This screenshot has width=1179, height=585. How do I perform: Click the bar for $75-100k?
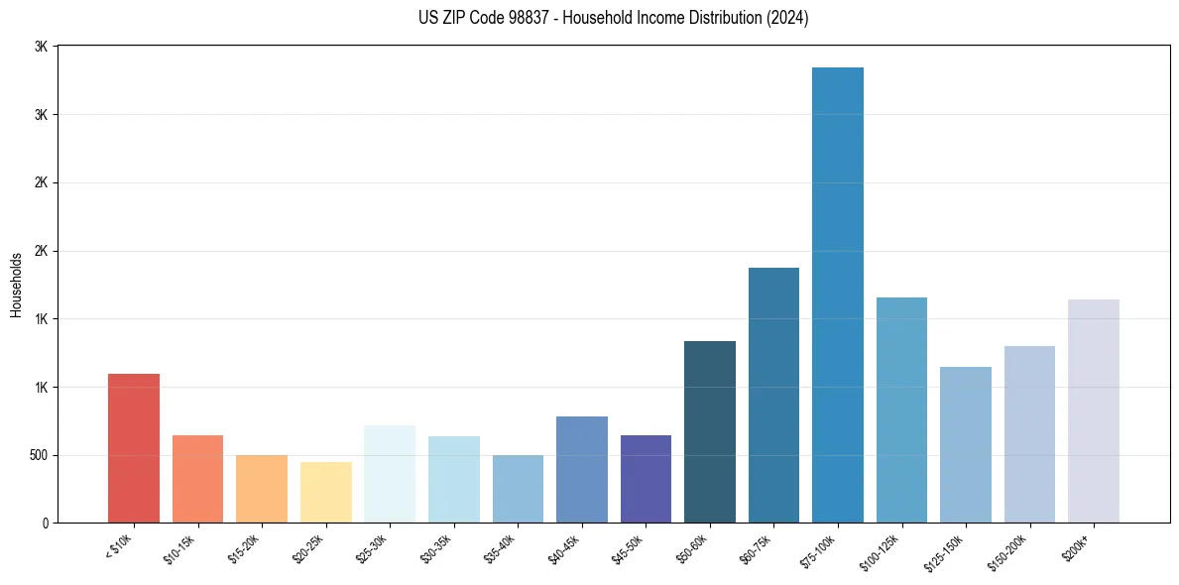[x=838, y=295]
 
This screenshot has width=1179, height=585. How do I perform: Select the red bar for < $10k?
[x=134, y=448]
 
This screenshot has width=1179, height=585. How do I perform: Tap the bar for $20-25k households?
[x=326, y=492]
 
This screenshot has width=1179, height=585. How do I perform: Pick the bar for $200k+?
[x=1094, y=410]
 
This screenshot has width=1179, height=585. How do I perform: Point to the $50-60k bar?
[x=710, y=431]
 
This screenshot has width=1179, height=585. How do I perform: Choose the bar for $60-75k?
[x=773, y=395]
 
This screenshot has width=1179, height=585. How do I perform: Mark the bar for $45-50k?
[x=646, y=479]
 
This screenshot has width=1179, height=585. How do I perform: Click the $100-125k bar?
[x=901, y=409]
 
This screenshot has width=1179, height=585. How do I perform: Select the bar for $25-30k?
[x=390, y=474]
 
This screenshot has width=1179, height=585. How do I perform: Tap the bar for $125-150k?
[x=966, y=444]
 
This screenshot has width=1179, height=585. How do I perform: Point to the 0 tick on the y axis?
[x=45, y=524]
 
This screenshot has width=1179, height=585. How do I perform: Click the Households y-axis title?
[x=17, y=285]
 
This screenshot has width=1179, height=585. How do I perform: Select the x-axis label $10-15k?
[x=179, y=546]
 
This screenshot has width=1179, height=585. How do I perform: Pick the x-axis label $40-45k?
[x=563, y=546]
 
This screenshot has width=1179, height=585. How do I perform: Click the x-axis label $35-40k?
[x=500, y=546]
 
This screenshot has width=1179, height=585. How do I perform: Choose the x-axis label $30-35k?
[x=435, y=546]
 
